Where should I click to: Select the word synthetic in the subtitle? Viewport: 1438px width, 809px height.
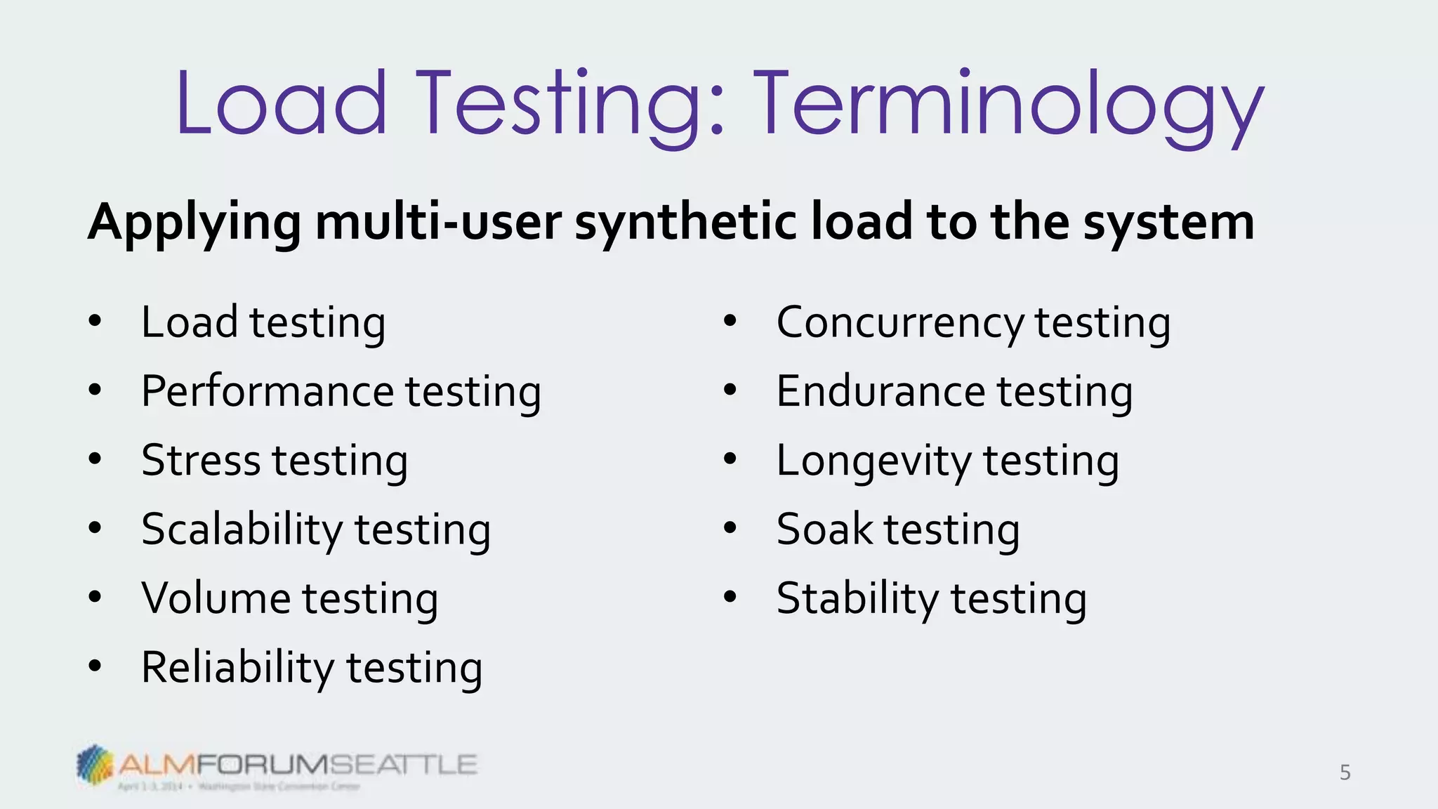[x=685, y=223]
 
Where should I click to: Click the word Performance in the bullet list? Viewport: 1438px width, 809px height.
[x=268, y=391]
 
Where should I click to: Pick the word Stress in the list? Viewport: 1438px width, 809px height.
[x=201, y=461]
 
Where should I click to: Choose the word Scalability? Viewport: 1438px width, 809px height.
[x=241, y=530]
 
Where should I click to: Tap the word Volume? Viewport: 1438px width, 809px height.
[x=216, y=598]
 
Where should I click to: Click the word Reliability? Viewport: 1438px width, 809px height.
[x=237, y=668]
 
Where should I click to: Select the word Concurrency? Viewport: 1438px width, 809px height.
[x=899, y=323]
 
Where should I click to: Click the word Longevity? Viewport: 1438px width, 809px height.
[x=873, y=461]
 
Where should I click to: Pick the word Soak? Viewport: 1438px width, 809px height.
[x=824, y=530]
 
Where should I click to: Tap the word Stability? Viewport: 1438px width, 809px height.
[x=857, y=599]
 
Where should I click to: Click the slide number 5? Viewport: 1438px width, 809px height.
[x=1345, y=772]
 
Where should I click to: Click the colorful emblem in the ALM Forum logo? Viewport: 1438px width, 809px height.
[x=95, y=764]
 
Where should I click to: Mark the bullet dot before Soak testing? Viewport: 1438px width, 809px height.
[x=730, y=527]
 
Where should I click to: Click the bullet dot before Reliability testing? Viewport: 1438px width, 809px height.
[x=95, y=666]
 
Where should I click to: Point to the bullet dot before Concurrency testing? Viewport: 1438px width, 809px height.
[x=730, y=321]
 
